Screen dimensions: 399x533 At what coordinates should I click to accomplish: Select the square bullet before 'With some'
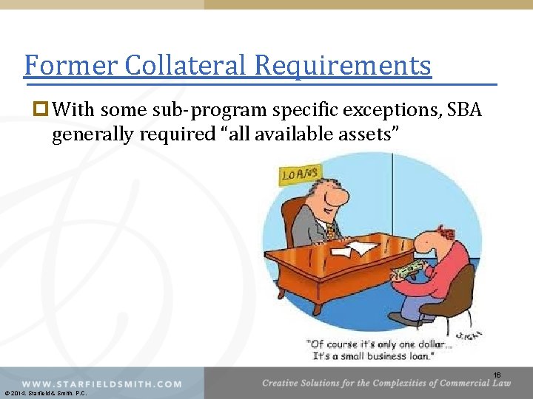click(42, 111)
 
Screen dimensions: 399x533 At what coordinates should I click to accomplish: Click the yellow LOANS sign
click(300, 174)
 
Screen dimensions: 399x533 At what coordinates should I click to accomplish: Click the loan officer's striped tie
click(331, 231)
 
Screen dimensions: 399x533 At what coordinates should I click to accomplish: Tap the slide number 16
click(497, 375)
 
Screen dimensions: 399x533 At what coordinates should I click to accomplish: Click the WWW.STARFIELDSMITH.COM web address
click(101, 383)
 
